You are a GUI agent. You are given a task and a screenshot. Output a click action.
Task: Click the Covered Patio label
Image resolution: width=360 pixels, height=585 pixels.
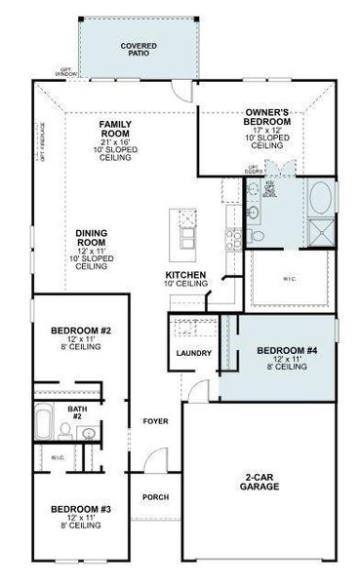point(139,50)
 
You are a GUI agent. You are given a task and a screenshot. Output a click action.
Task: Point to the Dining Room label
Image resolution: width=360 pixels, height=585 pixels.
point(92,238)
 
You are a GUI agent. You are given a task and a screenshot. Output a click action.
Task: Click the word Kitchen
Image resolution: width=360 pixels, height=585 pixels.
point(185,276)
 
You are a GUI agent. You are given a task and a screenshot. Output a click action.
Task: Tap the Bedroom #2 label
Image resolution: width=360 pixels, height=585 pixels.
point(81,331)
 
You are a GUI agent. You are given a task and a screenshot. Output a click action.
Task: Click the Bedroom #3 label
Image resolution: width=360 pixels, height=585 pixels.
point(81,509)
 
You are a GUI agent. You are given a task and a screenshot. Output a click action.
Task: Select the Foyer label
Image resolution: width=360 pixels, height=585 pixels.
point(155,421)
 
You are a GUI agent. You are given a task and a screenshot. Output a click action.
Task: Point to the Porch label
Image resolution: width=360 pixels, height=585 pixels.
point(155,496)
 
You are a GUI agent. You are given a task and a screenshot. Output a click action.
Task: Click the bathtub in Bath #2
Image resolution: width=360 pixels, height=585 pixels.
point(44,425)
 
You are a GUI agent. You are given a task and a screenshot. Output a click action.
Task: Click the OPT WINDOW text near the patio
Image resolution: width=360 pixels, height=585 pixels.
point(65,70)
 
